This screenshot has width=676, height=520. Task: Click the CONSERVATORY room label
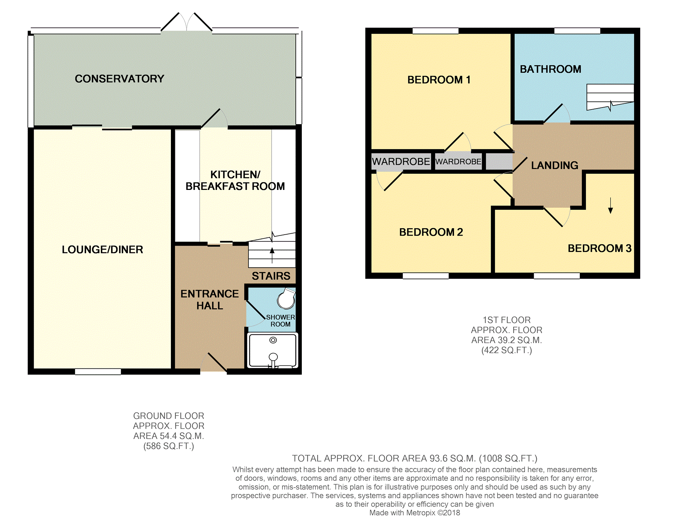click(x=120, y=79)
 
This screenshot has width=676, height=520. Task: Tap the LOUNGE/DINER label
click(x=102, y=250)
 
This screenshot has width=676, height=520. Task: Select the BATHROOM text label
click(x=550, y=69)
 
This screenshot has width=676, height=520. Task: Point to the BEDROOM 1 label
click(x=439, y=80)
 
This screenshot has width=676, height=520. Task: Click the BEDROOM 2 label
click(x=431, y=232)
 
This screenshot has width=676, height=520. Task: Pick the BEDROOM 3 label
click(x=600, y=248)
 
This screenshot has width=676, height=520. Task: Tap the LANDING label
click(x=554, y=165)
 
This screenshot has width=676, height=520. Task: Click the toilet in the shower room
click(x=286, y=298)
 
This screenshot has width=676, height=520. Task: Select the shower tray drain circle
click(x=273, y=340)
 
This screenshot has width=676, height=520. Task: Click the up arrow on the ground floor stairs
click(x=272, y=255)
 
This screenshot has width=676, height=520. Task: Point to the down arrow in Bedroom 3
click(x=611, y=206)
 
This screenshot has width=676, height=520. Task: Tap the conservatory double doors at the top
click(x=187, y=22)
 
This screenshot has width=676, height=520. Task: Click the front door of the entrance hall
click(x=214, y=362)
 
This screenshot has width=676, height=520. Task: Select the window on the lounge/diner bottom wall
click(x=98, y=371)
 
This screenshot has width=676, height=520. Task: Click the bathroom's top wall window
click(x=577, y=31)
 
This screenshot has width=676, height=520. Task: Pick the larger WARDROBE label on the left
click(x=401, y=162)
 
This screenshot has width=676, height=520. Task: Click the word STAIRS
click(x=271, y=276)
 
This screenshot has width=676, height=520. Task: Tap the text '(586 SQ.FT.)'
click(x=169, y=446)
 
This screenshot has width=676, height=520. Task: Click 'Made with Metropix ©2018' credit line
click(x=415, y=513)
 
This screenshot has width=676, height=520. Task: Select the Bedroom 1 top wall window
click(x=436, y=31)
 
